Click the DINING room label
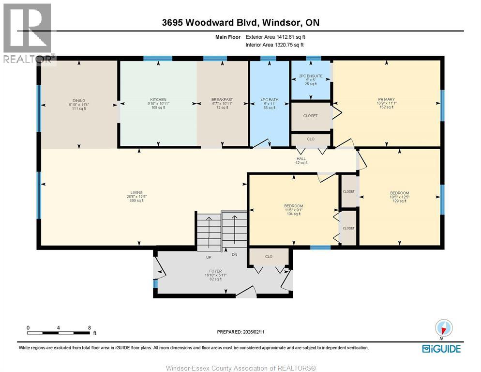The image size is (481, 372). [78, 100]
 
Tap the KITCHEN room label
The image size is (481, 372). [158, 100]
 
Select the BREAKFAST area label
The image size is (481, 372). [223, 100]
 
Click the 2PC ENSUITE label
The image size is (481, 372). [311, 76]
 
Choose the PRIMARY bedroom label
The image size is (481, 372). [386, 100]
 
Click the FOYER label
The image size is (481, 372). [215, 271]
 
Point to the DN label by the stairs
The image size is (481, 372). [234, 255]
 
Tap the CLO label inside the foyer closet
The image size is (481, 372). [269, 256]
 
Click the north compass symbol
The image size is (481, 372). [444, 327]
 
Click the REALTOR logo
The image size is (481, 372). [28, 34]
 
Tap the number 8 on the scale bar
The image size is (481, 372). [90, 327]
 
